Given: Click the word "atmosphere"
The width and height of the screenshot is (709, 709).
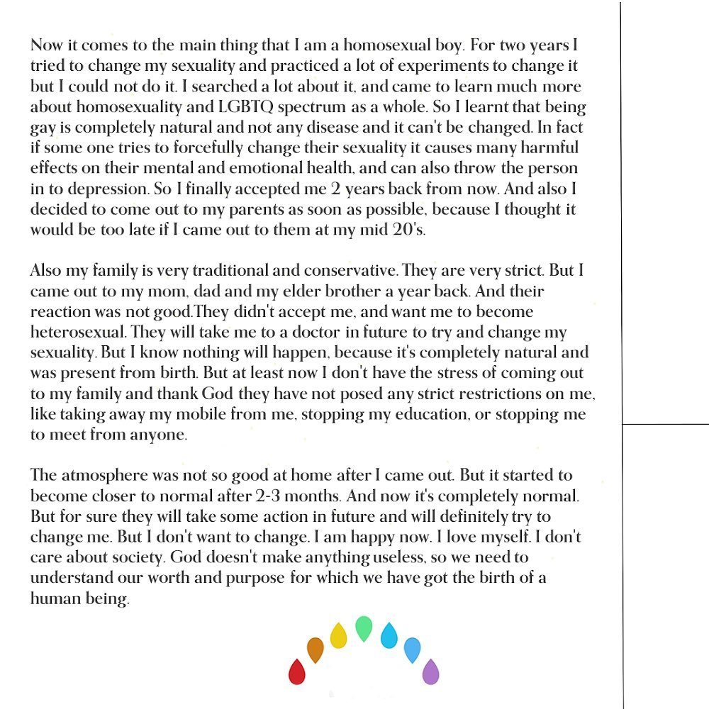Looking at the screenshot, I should (103, 475).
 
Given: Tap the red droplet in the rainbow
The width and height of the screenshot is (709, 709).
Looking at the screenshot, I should (297, 671).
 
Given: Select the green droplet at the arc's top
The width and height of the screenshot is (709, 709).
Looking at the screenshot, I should (363, 628).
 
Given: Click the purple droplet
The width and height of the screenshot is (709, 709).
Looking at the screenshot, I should (430, 671).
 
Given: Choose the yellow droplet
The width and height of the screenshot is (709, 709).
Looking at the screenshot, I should (339, 635).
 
